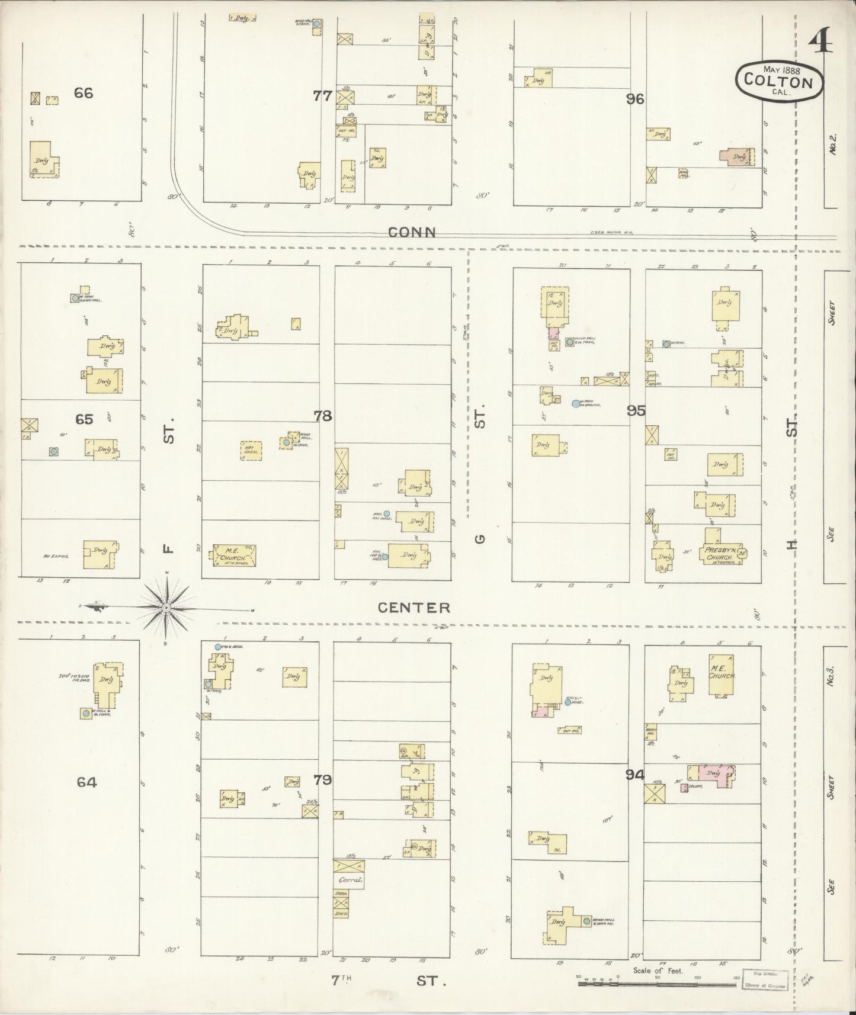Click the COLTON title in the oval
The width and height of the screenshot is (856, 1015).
pos(778,81)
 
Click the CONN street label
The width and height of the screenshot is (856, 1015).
pos(412,233)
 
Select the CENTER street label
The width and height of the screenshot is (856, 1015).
pos(414,608)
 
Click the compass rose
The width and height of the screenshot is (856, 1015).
pos(167,608)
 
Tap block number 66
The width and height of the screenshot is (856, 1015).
pos(84,93)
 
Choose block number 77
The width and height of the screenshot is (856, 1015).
pos(322,95)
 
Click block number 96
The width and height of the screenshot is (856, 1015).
pos(634,99)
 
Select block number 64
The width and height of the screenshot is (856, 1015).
pos(86,782)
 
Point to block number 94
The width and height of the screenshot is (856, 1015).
pos(634,773)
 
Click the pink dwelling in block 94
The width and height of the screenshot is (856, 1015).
pos(711,774)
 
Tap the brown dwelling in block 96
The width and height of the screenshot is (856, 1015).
pos(738,156)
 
